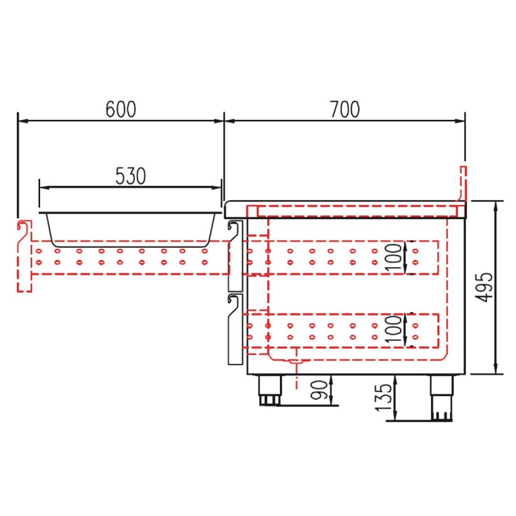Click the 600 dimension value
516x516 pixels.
pos(121,109)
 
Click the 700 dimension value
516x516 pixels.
pos(345,109)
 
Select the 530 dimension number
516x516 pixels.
pos(131,176)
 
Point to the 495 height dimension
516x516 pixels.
pos(484,287)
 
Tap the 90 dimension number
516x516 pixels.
pos(319,390)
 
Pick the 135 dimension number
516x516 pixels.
pos(384,397)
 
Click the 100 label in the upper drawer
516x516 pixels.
pos(393,257)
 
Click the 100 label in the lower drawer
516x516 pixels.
pos(393,329)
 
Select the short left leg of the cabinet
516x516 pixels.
pos(270,390)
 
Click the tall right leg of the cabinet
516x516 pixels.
pos(442,397)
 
